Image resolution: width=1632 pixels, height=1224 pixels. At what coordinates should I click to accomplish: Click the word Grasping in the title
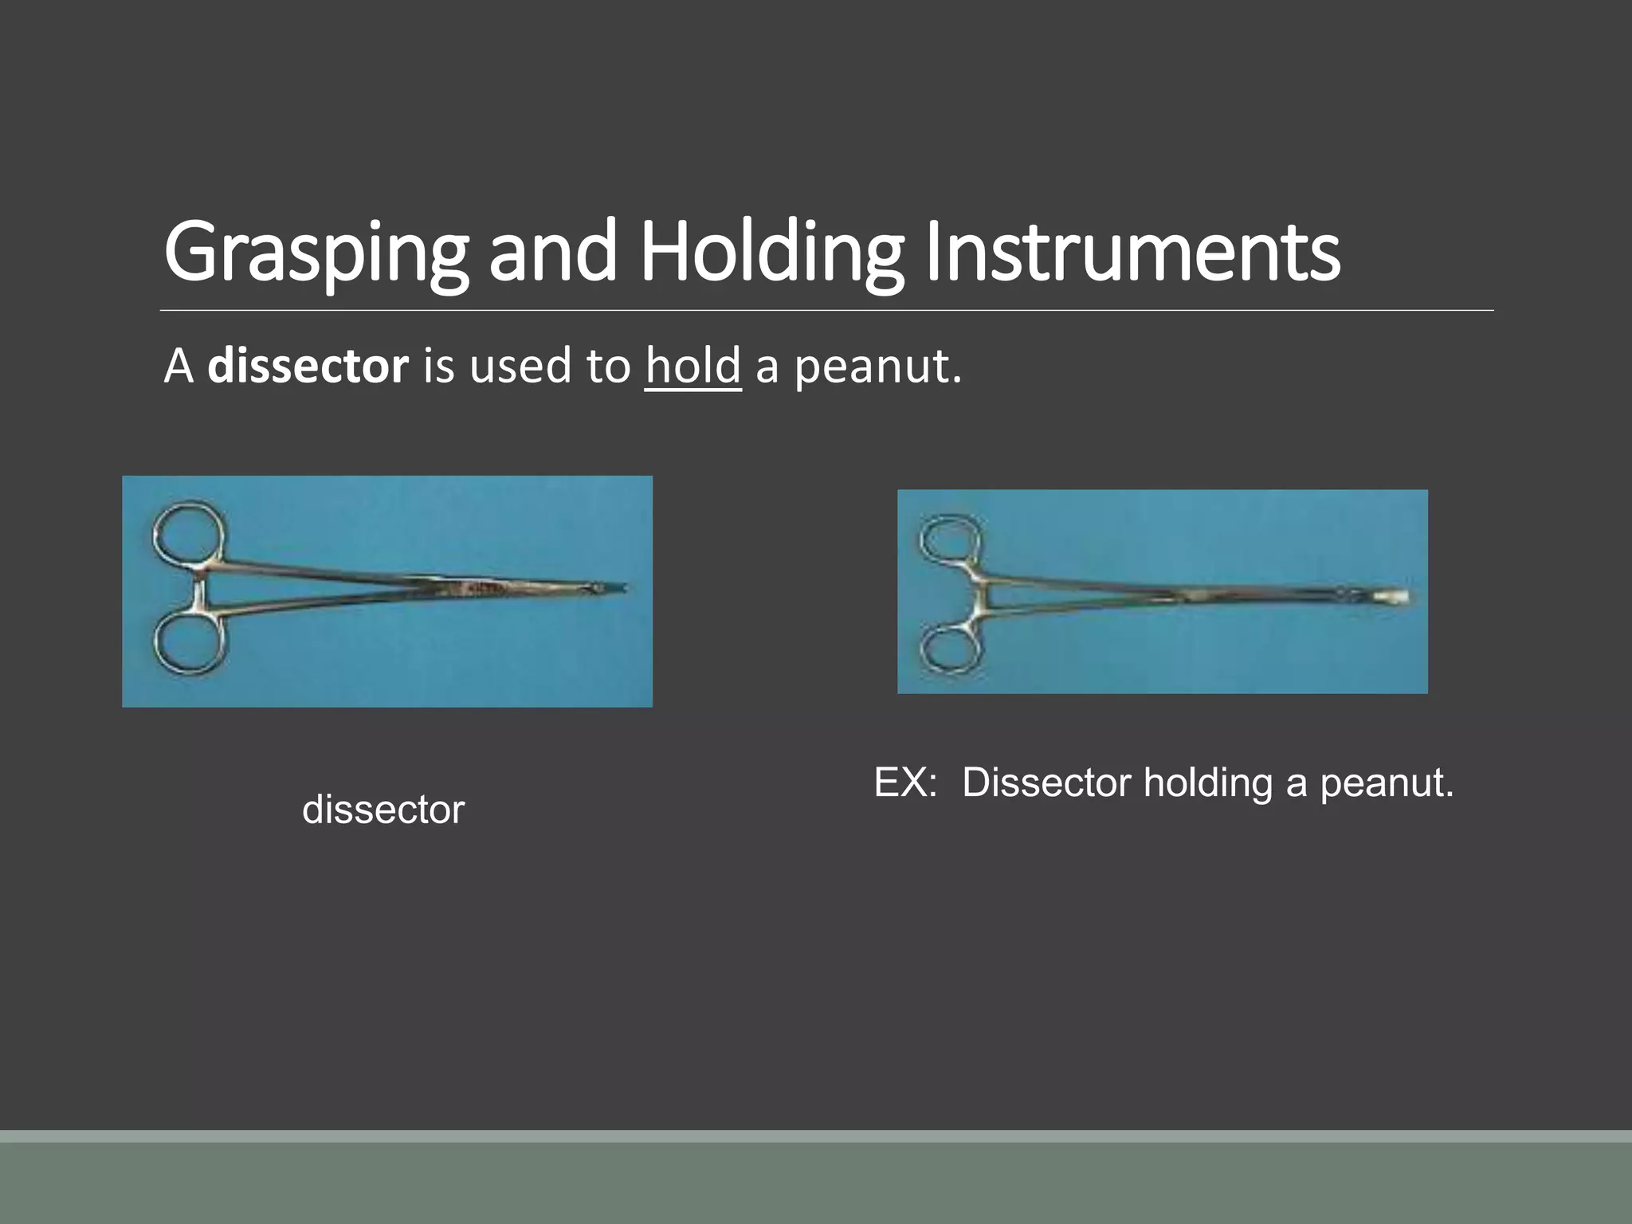[x=316, y=253]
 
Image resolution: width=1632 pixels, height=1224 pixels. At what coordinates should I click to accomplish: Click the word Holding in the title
[x=771, y=253]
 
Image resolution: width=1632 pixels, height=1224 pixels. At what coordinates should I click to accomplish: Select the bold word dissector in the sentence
[x=308, y=367]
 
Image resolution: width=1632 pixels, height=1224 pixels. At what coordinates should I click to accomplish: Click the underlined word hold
[x=693, y=367]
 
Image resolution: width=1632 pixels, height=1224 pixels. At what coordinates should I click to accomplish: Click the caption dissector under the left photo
[x=383, y=810]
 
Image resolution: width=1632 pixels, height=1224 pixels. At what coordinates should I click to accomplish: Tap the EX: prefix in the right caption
[x=905, y=783]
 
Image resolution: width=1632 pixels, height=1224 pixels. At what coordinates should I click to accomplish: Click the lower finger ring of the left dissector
[x=187, y=644]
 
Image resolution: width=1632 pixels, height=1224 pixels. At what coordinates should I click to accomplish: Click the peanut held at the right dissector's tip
[x=1399, y=596]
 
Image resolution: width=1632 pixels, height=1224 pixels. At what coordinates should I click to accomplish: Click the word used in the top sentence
[x=520, y=367]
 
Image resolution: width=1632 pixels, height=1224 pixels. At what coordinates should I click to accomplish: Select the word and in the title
[x=552, y=253]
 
